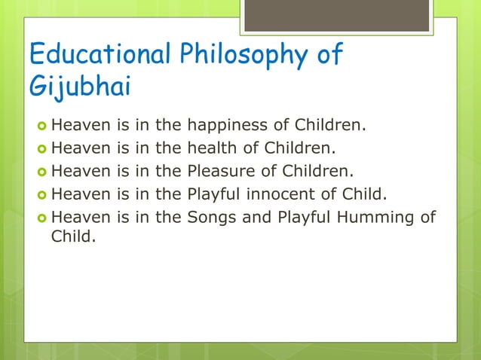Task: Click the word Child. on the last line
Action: point(73,240)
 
